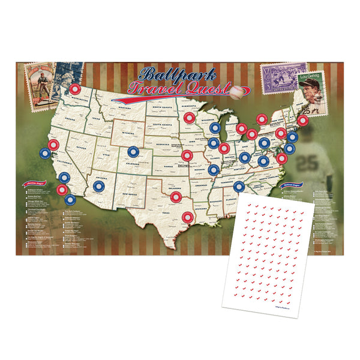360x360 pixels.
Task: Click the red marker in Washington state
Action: [x=76, y=89]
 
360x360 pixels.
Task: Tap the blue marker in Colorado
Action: [x=133, y=152]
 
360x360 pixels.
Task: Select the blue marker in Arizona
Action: [x=98, y=186]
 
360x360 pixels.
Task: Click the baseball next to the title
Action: [x=238, y=92]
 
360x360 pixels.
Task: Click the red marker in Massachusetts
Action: [x=302, y=121]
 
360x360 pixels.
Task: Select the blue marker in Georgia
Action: [x=239, y=187]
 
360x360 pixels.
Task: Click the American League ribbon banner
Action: [x=34, y=184]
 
